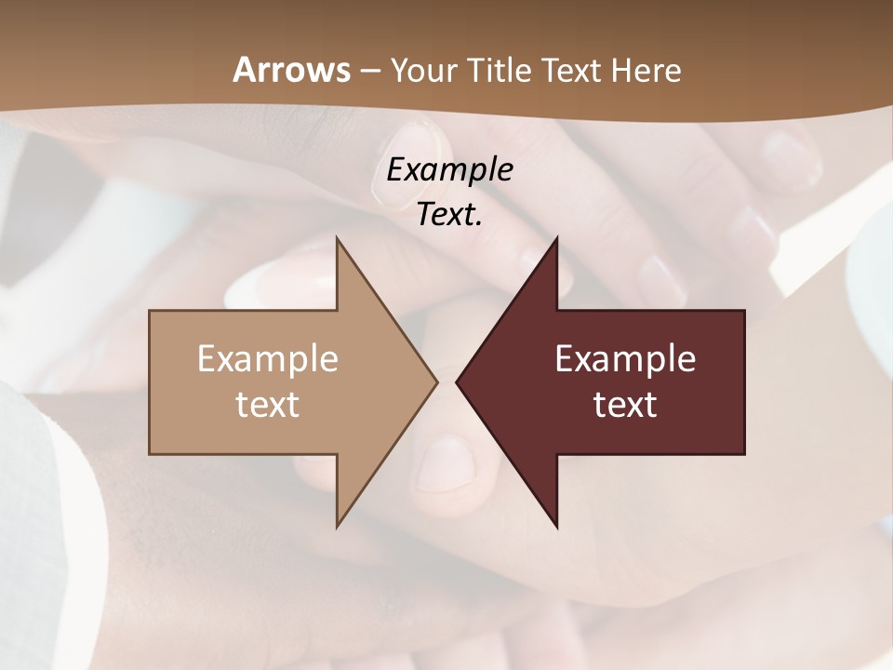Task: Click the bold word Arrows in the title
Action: point(290,70)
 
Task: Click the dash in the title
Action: point(369,72)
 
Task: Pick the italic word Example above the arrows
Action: point(449,169)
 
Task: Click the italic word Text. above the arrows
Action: point(449,215)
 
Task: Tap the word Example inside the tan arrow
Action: point(267,358)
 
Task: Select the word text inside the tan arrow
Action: point(267,405)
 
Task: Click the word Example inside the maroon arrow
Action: point(625,358)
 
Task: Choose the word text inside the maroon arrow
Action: point(625,405)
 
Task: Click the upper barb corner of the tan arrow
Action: point(337,239)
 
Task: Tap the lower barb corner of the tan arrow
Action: point(337,525)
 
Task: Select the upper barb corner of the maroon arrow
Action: point(556,239)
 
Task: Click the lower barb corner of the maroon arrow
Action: point(556,525)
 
